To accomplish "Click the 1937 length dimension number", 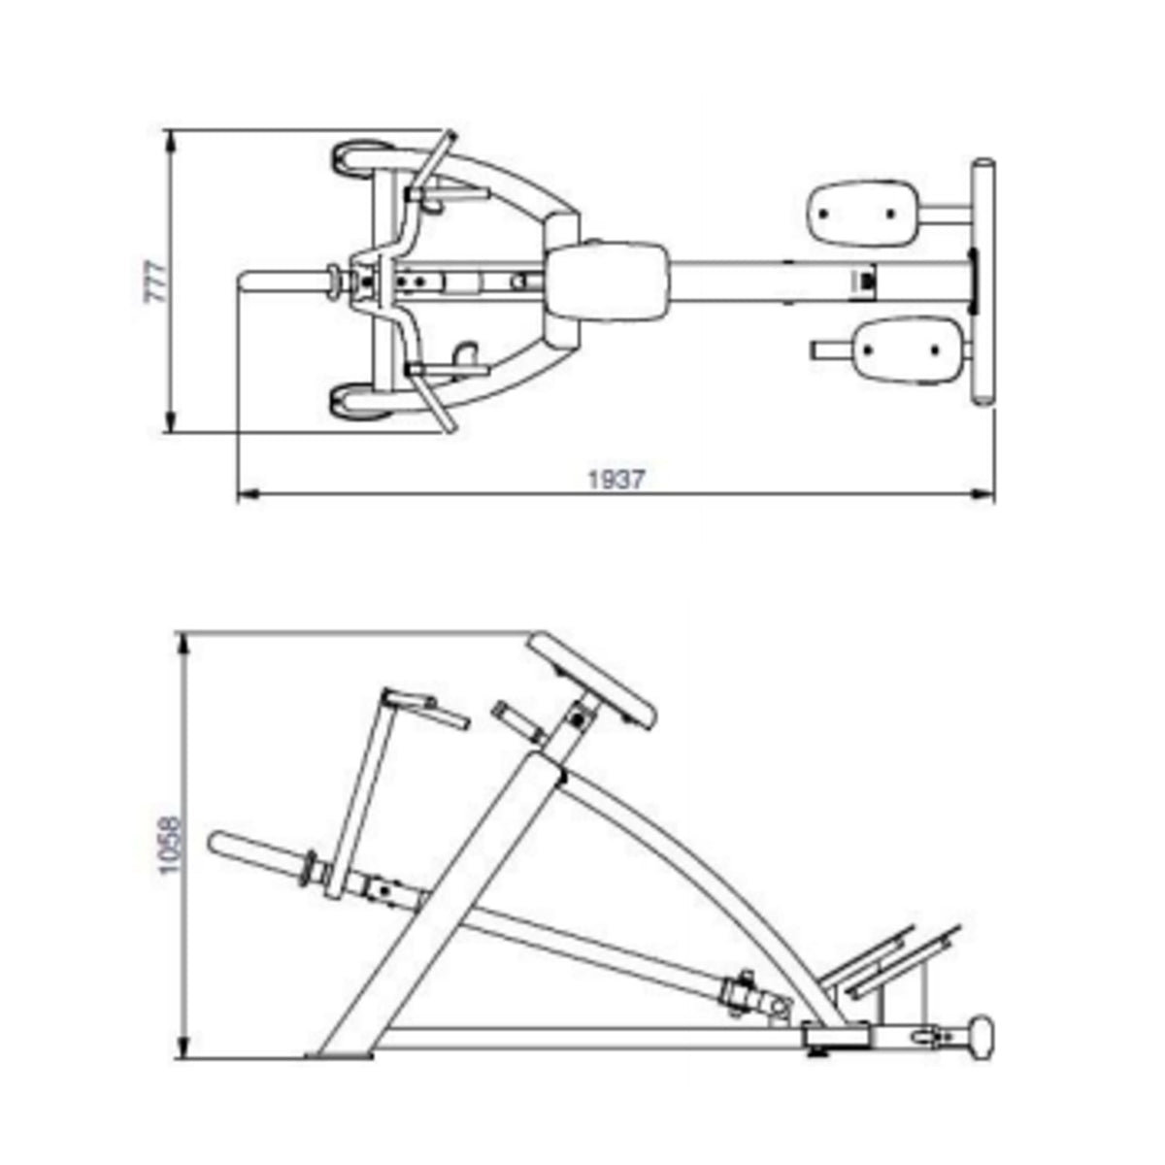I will pos(616,479).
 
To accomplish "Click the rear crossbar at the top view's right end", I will pos(983,281).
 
